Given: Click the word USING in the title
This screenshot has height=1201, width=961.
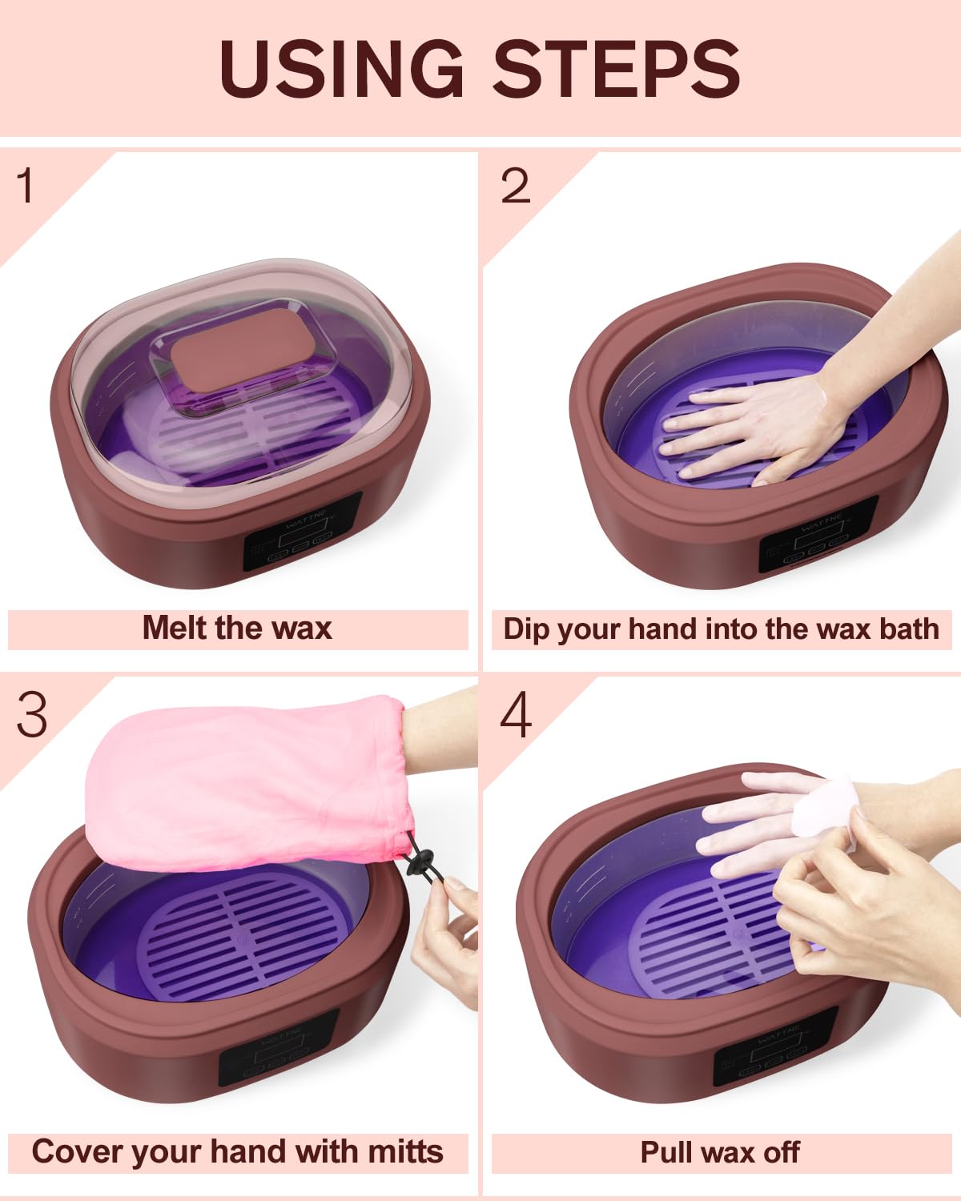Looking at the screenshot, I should tap(340, 68).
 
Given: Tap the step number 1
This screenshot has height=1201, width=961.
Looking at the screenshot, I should tap(26, 186).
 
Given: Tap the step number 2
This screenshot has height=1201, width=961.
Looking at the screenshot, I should tap(515, 186).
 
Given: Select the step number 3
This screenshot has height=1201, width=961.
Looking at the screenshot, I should tap(32, 714).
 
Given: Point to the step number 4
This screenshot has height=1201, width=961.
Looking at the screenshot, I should tap(515, 715).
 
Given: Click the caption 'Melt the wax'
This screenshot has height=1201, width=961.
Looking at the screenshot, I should tap(237, 629).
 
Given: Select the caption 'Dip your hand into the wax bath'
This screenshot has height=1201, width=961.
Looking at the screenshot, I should tap(721, 629).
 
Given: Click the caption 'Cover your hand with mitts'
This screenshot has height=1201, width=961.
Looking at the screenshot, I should tap(237, 1152).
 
